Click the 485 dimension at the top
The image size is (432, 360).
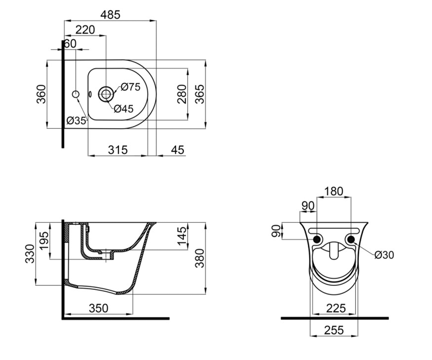coord(110,15)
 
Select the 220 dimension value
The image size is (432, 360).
coord(85,30)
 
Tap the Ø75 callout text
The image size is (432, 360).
coord(131,87)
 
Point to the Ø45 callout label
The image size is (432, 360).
coord(124,109)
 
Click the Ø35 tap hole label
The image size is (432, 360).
coord(76,121)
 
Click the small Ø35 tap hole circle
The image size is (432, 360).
coord(76,94)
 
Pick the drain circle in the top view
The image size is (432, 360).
coord(106,94)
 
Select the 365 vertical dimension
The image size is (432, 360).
coord(199,94)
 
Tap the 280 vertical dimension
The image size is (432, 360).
coord(182,94)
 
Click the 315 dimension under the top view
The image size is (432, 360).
coord(118,150)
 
